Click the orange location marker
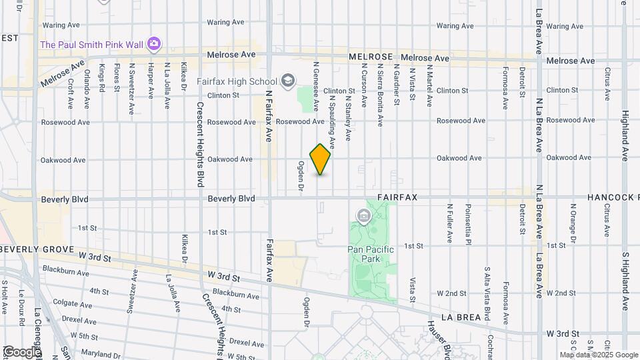(320, 159)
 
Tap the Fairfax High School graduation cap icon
(288, 81)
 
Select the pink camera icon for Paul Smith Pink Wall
(154, 44)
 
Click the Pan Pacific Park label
(371, 254)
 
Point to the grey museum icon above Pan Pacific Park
(364, 216)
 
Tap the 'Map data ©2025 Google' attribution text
(599, 355)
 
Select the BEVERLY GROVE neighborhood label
(32, 249)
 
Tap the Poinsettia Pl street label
(469, 224)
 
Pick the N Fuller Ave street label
(451, 224)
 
